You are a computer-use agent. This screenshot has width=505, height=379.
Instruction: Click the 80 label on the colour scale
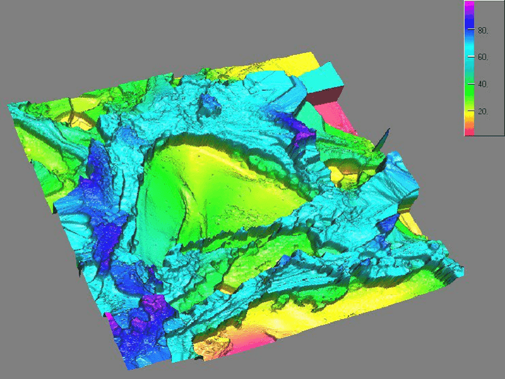pyautogui.click(x=483, y=30)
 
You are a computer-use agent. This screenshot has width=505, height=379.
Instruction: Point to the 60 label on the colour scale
pyautogui.click(x=483, y=57)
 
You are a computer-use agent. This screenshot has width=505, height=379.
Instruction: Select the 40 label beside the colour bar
pyautogui.click(x=483, y=84)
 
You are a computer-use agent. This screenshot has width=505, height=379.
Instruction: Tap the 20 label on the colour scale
pyautogui.click(x=483, y=111)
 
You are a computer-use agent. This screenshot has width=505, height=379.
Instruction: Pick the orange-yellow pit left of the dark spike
pyautogui.click(x=349, y=168)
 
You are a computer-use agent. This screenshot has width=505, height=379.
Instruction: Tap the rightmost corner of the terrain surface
pyautogui.click(x=465, y=273)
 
